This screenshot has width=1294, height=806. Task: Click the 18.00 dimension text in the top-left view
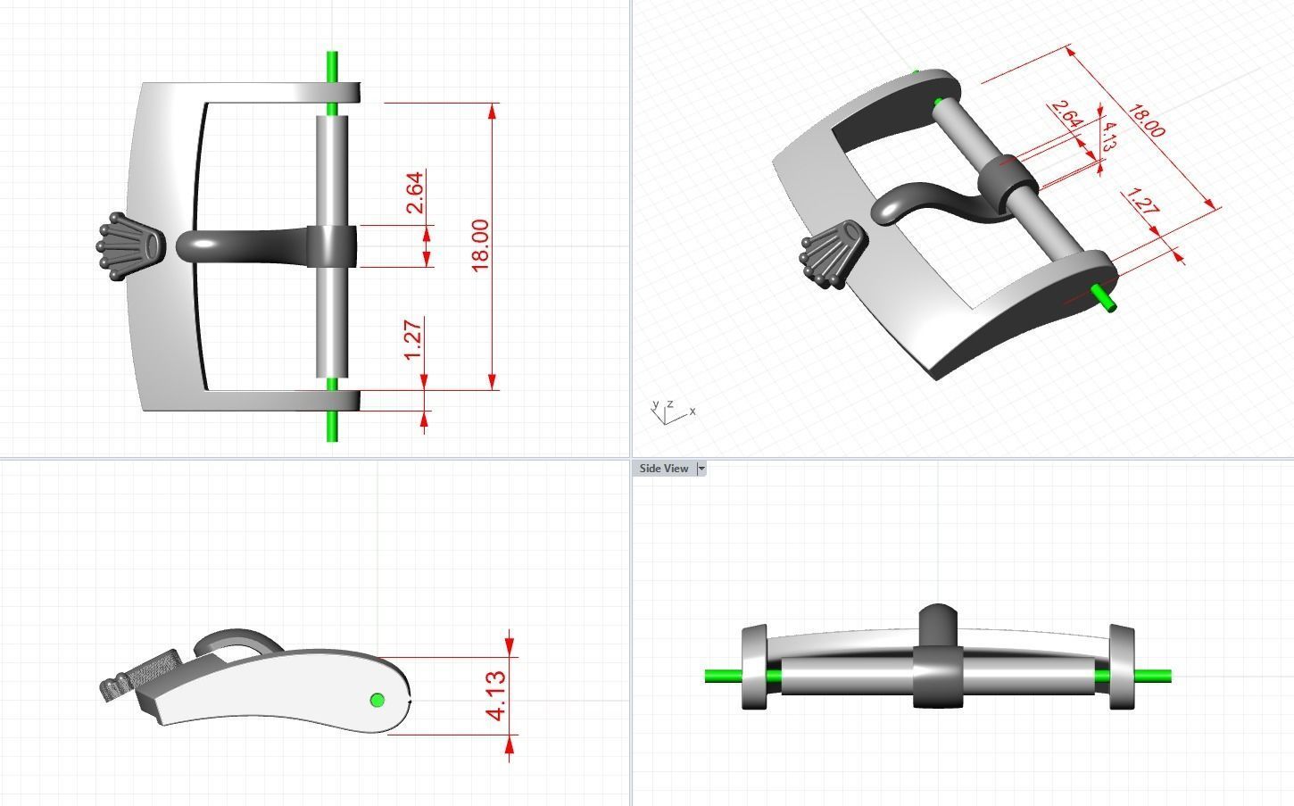pyautogui.click(x=479, y=245)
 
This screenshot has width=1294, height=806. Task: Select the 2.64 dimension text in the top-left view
pyautogui.click(x=415, y=193)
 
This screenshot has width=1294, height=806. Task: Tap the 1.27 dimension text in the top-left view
pyautogui.click(x=413, y=340)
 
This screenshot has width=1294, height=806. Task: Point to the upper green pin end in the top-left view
pyautogui.click(x=332, y=67)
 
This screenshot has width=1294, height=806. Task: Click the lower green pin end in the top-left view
pyautogui.click(x=332, y=427)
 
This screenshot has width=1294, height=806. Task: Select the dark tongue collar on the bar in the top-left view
pyautogui.click(x=332, y=246)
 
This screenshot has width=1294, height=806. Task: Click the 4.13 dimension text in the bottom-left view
pyautogui.click(x=495, y=695)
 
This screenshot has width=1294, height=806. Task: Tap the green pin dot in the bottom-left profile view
pyautogui.click(x=377, y=700)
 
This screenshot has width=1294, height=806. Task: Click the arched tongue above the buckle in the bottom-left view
pyautogui.click(x=236, y=637)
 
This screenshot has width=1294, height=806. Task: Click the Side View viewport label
pyautogui.click(x=663, y=469)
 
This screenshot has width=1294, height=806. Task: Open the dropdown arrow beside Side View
pyautogui.click(x=701, y=469)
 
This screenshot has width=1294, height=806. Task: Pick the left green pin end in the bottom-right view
pyautogui.click(x=721, y=677)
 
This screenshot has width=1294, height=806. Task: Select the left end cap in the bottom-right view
pyautogui.click(x=754, y=668)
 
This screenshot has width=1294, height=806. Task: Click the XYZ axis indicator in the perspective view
pyautogui.click(x=669, y=412)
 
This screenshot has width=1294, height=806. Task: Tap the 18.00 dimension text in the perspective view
pyautogui.click(x=1146, y=121)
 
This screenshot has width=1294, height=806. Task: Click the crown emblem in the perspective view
pyautogui.click(x=834, y=253)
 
